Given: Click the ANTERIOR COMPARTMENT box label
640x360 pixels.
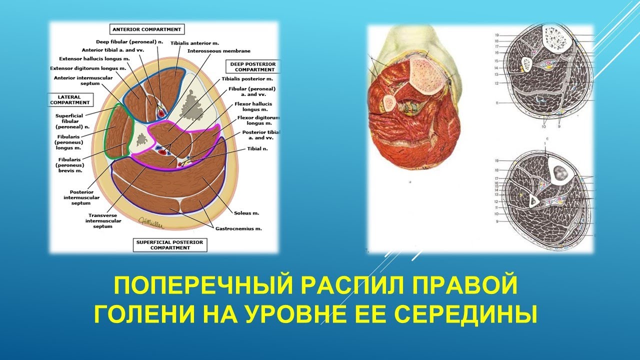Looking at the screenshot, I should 146,29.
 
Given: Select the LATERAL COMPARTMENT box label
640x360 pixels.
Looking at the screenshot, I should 70,99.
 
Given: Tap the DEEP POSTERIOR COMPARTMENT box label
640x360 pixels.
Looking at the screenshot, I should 253,66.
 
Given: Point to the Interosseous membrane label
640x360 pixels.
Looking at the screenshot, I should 219,51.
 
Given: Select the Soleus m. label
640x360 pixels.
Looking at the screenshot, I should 247,213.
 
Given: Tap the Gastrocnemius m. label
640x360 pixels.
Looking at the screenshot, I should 238,228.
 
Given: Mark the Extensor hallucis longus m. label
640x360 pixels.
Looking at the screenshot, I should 94,59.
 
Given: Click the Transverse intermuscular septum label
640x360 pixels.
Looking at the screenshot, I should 98,220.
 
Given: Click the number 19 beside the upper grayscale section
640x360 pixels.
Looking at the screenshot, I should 497,35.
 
